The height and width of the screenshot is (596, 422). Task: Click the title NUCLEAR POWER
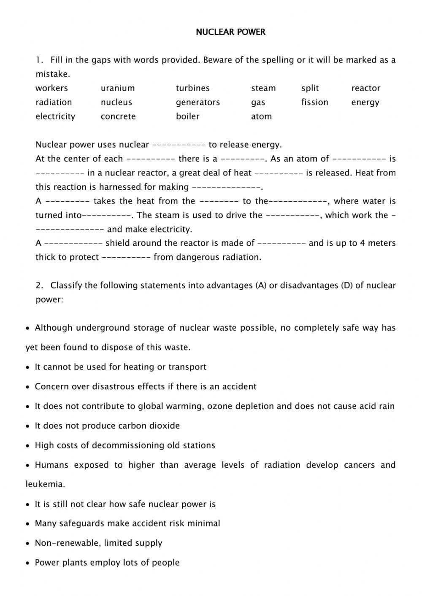230,32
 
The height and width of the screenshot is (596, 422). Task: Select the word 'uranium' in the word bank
118,88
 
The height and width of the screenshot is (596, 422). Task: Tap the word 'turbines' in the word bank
192,88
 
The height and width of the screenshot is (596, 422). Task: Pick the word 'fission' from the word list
314,102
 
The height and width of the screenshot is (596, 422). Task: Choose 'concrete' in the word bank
118,116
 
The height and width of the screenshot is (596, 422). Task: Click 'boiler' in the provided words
187,116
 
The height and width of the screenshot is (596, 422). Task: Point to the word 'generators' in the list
197,102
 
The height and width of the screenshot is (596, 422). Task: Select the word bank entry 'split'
310,88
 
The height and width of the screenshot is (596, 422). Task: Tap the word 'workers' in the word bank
51,88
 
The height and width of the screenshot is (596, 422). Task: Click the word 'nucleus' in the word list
116,102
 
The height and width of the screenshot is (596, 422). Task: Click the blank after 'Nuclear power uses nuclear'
179,145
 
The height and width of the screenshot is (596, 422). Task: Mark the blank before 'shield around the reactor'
73,243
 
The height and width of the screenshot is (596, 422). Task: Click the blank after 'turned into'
107,215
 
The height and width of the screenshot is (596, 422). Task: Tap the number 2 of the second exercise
39,286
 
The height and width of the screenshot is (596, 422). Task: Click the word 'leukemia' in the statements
45,484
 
